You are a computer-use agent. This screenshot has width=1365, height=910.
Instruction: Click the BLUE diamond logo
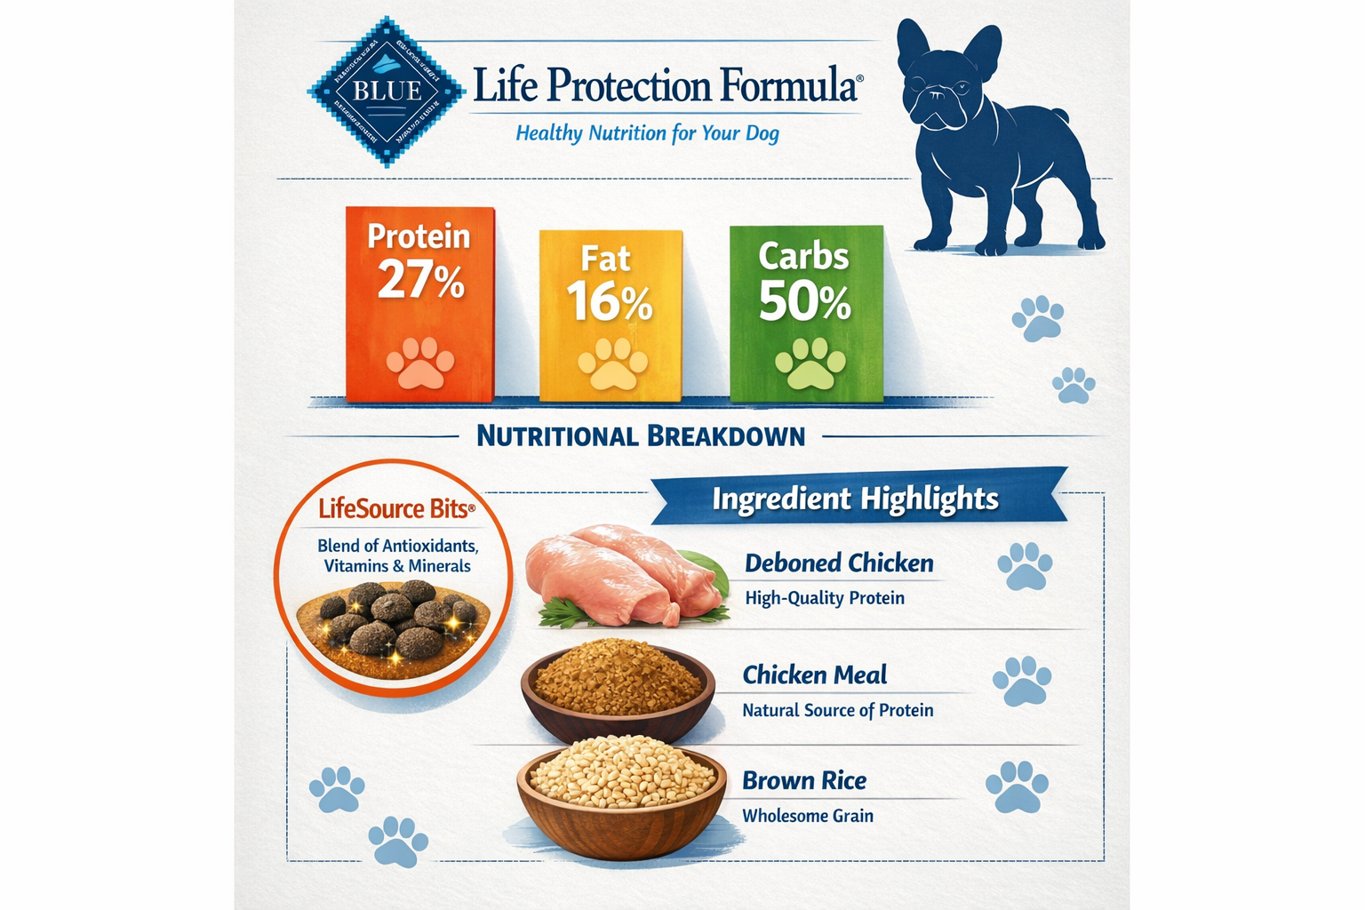tap(387, 92)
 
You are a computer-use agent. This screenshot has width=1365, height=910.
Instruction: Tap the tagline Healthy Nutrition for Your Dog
tap(647, 133)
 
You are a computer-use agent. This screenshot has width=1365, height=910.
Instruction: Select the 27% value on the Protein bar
tap(420, 280)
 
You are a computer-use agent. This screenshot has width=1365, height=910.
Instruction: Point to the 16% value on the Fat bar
tap(610, 301)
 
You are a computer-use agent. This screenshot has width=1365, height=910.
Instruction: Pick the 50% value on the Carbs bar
tap(804, 300)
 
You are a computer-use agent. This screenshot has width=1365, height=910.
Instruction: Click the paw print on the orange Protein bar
tap(419, 363)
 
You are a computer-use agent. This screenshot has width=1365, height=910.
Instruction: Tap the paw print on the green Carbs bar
tap(810, 363)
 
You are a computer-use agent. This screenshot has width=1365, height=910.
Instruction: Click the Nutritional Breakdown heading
tap(641, 436)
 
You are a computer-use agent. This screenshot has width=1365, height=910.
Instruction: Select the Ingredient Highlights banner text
tap(855, 499)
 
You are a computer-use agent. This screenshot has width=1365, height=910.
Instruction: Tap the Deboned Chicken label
tap(839, 563)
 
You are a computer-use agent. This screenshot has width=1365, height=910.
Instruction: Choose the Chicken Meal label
tap(814, 675)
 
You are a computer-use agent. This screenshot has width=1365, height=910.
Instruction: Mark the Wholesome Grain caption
tap(808, 816)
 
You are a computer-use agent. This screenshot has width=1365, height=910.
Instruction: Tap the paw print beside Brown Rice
tap(1017, 786)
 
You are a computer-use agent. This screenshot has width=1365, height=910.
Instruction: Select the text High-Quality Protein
tap(825, 598)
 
